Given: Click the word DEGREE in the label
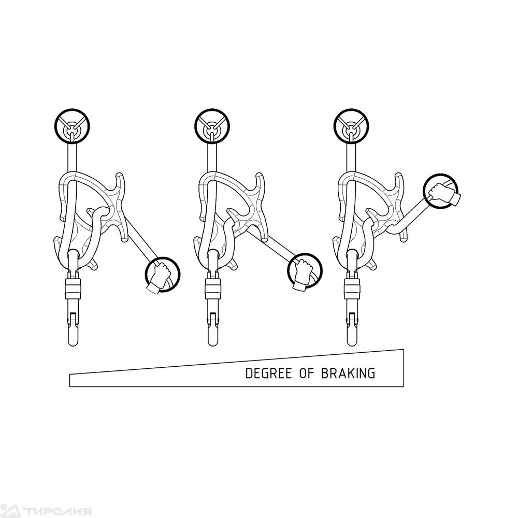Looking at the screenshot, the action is (269, 373).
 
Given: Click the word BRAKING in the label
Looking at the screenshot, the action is (348, 373).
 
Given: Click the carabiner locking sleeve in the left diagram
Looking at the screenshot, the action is (73, 287).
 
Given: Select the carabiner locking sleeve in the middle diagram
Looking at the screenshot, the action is (212, 287).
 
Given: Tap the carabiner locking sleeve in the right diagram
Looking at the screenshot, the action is (352, 287).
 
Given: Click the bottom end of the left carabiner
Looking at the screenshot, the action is (73, 346).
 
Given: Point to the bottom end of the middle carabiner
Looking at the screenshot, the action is (213, 346).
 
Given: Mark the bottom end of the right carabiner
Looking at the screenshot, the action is (353, 346).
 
